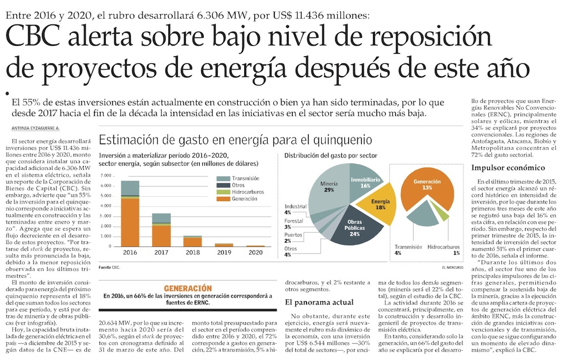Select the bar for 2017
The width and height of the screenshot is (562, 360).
[161, 230]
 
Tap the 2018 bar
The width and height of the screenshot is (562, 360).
[193, 240]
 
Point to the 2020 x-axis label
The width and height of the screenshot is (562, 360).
[256, 252]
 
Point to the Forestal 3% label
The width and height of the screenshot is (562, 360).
[295, 223]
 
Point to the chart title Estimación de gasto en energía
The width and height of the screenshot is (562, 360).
[235, 140]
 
